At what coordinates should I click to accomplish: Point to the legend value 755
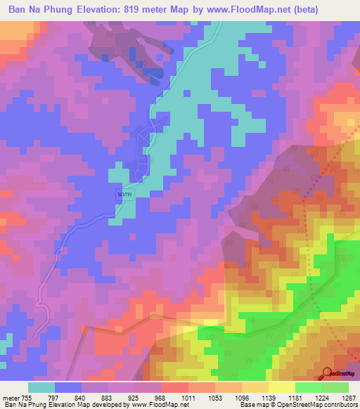[26, 396]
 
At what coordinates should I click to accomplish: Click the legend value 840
[82, 396]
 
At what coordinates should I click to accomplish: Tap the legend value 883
[108, 396]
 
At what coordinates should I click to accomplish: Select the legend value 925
[135, 396]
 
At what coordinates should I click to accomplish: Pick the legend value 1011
[188, 396]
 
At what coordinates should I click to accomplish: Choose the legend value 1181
[295, 396]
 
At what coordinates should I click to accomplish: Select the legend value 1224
[322, 396]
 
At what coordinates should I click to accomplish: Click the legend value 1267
[347, 396]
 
